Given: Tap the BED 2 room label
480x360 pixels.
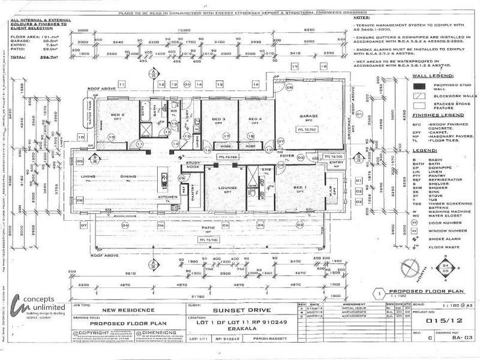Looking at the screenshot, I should tap(118, 114).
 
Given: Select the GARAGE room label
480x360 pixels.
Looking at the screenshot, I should tap(309, 116).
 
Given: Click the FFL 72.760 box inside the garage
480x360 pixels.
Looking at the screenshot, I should tap(308, 129).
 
